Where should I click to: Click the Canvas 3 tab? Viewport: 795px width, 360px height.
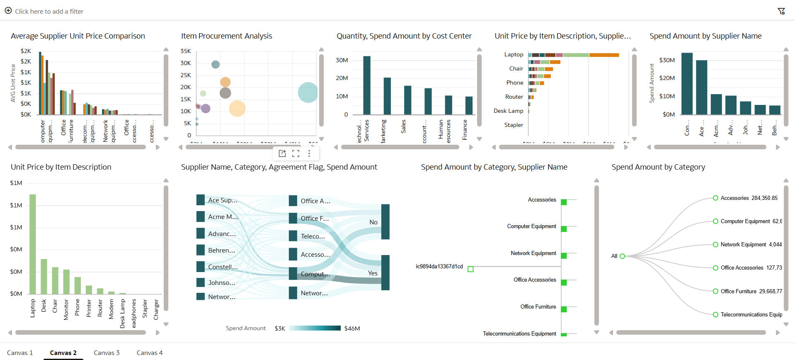point(107,353)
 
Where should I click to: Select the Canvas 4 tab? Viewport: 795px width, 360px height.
point(150,353)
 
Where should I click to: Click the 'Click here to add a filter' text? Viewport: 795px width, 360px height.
point(49,11)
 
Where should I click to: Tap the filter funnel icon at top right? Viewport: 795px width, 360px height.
point(781,11)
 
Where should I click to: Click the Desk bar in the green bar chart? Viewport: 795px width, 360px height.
point(44,276)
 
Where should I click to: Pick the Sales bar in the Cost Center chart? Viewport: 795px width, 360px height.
point(408,100)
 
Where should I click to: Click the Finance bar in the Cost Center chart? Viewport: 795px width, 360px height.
point(469,105)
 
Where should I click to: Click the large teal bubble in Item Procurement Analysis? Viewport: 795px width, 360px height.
point(308,92)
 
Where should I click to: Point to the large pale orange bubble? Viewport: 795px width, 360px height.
point(237,108)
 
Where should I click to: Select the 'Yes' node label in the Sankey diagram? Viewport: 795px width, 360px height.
point(373,273)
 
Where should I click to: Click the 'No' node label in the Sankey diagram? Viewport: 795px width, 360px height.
point(373,222)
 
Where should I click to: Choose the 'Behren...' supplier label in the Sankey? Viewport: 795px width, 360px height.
point(221,251)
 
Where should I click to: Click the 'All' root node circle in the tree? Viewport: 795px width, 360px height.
point(622,256)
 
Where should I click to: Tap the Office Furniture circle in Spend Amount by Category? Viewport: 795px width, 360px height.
point(715,291)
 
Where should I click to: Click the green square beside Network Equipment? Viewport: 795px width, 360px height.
point(564,255)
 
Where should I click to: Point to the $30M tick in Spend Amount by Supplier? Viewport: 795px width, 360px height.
point(667,60)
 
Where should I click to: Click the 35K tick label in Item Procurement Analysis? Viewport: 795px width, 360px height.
point(186,51)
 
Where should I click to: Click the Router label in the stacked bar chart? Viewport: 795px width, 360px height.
point(514,97)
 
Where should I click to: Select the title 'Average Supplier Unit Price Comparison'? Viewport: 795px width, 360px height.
point(78,36)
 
